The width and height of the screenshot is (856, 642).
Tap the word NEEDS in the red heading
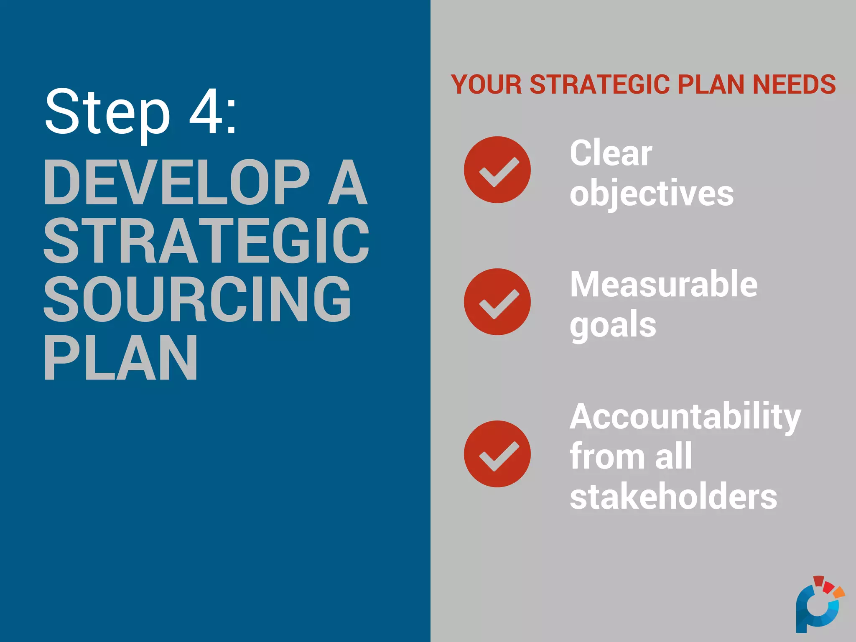794,84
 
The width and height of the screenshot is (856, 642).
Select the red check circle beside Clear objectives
497,170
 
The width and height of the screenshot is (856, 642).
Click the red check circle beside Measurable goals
497,301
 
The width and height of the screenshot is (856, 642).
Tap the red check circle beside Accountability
497,453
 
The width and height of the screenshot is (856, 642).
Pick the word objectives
652,194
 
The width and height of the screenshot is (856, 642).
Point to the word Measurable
664,285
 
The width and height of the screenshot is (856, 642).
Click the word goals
613,326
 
